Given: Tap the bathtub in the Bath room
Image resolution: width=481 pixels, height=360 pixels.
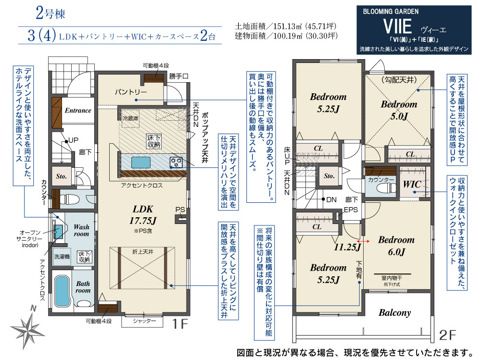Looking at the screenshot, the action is [62, 291].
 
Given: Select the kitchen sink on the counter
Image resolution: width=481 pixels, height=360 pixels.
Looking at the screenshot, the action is [141, 162].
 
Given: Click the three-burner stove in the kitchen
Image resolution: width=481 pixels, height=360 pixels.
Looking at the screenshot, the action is [176, 162].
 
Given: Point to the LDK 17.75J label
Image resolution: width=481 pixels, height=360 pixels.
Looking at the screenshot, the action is [143, 215].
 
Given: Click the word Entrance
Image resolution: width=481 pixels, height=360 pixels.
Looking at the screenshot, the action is [78, 111].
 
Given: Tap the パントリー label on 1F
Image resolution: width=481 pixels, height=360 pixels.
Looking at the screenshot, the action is [131, 92].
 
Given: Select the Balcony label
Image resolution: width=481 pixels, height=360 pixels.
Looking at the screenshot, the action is [395, 313].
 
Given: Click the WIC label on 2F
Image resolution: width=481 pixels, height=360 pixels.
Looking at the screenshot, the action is [412, 184].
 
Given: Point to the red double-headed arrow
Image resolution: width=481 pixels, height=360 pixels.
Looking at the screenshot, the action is [364, 241].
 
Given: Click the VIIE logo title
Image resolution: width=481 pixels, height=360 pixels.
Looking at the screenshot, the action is [397, 26].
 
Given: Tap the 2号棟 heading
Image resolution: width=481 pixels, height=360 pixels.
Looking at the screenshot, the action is [51, 13].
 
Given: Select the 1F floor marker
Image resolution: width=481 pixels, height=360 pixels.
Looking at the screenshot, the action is [180, 324].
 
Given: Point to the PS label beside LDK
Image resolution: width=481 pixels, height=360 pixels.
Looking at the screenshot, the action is [180, 210].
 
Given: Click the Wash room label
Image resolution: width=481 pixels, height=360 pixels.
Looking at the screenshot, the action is [81, 230].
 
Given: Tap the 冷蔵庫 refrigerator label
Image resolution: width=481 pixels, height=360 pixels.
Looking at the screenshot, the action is [130, 118].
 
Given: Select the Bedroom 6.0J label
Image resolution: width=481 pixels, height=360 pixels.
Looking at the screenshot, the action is [396, 246].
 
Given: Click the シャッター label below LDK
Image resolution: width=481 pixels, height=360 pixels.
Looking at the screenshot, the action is [144, 321].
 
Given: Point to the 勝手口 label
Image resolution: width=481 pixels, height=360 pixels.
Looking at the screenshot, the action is [178, 76].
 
